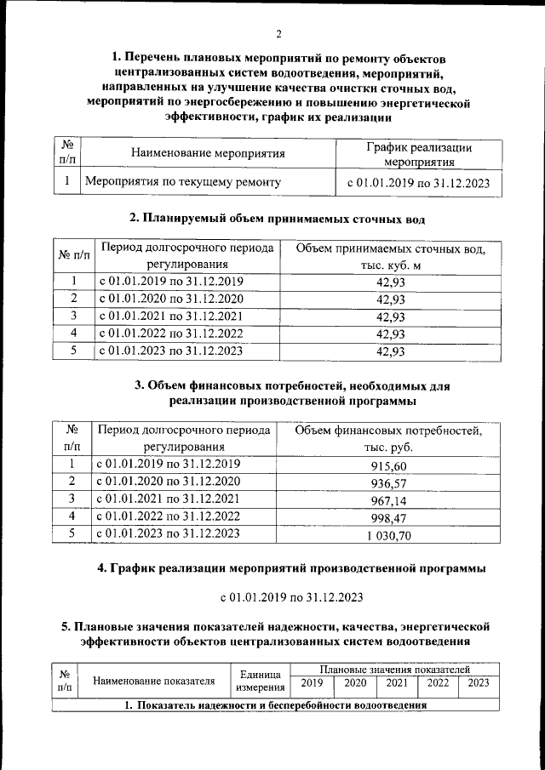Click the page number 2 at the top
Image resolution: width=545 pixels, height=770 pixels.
278,35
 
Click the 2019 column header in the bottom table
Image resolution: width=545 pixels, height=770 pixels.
312,682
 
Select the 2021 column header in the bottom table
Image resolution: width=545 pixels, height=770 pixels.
396,682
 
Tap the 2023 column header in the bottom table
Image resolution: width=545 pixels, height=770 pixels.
479,682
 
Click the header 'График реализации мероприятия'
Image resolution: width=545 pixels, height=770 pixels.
419,154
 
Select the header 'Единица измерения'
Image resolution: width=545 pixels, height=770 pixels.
260,681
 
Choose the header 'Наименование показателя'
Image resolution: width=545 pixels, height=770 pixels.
153,681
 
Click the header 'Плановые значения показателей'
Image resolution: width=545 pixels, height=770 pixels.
394,670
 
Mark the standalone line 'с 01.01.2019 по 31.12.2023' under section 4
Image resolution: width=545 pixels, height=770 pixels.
291,595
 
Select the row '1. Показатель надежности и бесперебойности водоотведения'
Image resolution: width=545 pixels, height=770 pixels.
276,705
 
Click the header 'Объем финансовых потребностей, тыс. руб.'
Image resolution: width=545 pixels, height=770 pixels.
388,438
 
